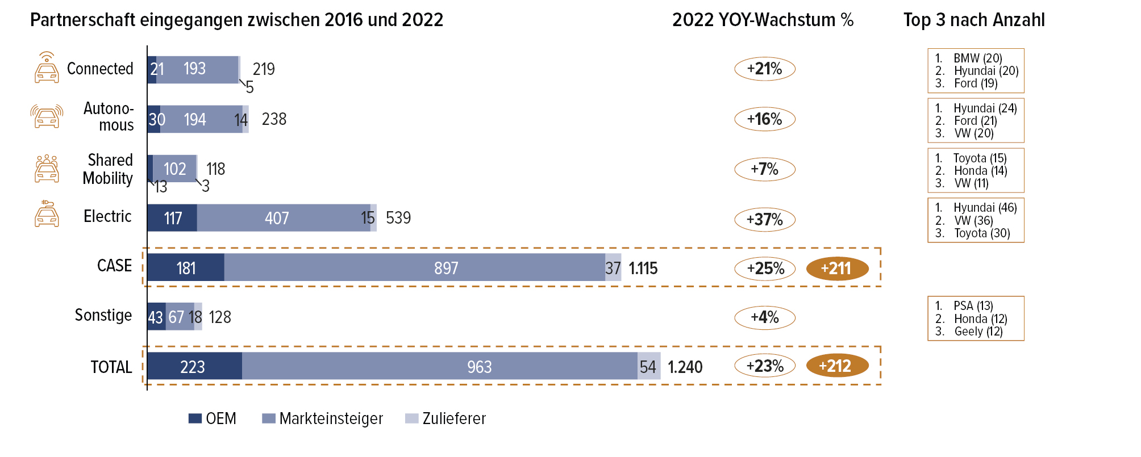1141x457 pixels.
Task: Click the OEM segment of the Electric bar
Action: click(x=172, y=218)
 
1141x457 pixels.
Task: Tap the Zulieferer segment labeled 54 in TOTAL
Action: click(x=648, y=366)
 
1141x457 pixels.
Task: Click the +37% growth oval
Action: click(x=764, y=219)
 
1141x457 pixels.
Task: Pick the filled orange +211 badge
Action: click(x=837, y=268)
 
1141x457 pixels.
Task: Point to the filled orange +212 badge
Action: click(x=837, y=366)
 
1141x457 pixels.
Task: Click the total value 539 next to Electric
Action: click(x=398, y=218)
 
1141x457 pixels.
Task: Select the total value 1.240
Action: click(x=685, y=367)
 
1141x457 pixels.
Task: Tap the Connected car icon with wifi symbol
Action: click(x=47, y=68)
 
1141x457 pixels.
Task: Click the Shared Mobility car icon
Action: click(x=47, y=169)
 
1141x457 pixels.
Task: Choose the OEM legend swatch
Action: click(x=195, y=418)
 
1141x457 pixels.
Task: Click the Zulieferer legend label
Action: click(x=453, y=418)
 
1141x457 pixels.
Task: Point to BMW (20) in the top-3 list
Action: click(x=977, y=58)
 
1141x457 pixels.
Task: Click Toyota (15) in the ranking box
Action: click(x=980, y=158)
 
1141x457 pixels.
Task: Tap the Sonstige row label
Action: click(x=103, y=316)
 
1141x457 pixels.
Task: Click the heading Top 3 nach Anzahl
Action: click(x=974, y=20)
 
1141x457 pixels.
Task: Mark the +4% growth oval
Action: click(x=764, y=317)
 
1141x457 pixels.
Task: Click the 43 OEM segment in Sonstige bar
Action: click(x=156, y=317)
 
